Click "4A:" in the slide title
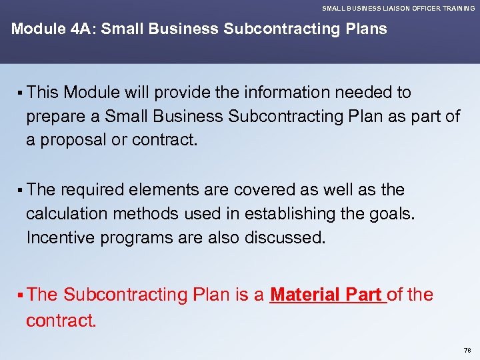[80, 29]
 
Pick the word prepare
[56, 117]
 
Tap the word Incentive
[59, 237]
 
